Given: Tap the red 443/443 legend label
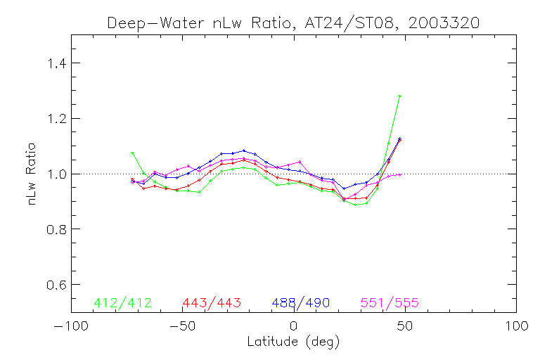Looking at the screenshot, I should pyautogui.click(x=212, y=303).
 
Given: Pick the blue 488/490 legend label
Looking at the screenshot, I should pyautogui.click(x=301, y=303).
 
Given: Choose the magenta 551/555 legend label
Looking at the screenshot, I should pyautogui.click(x=390, y=303).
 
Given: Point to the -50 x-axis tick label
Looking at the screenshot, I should pyautogui.click(x=181, y=328).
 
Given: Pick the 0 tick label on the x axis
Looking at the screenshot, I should pyautogui.click(x=294, y=328).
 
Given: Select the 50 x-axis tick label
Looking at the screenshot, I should pyautogui.click(x=405, y=328).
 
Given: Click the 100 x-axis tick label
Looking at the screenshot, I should pyautogui.click(x=517, y=328).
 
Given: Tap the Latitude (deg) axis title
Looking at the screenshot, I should pyautogui.click(x=293, y=342).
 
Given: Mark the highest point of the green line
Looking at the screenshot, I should pyautogui.click(x=399, y=96).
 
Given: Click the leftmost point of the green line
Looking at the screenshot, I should pyautogui.click(x=132, y=153).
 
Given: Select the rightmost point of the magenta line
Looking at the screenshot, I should pyautogui.click(x=399, y=174).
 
